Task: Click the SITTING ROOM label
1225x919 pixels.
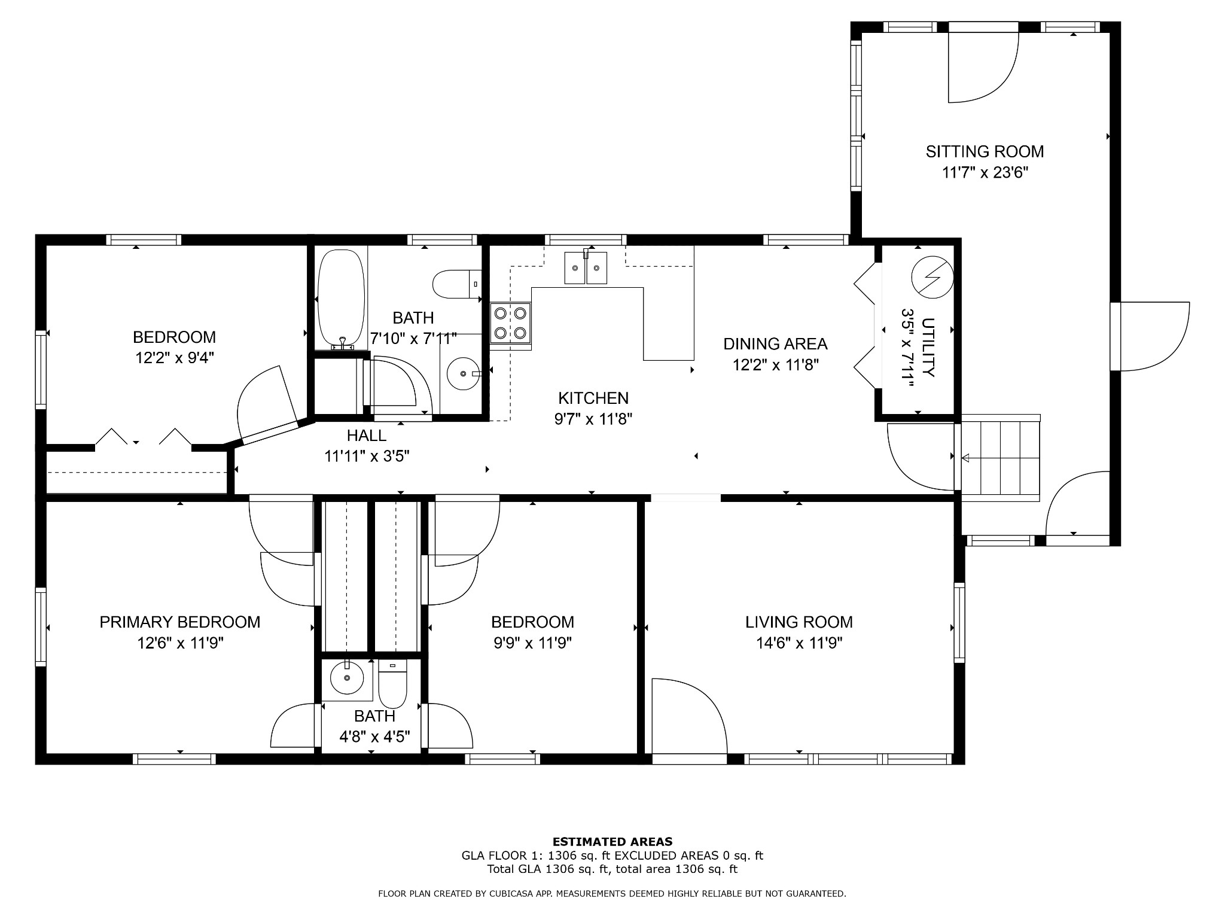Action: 985,152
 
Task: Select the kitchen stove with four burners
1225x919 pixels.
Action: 511,323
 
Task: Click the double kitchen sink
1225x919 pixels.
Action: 586,267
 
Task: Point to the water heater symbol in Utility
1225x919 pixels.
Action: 932,277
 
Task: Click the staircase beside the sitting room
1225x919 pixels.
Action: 1001,458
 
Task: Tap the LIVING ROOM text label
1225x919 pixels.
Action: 799,622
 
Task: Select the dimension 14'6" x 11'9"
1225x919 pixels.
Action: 799,643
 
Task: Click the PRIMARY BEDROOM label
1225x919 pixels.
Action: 179,622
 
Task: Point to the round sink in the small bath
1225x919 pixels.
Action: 347,679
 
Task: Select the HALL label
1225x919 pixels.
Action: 366,436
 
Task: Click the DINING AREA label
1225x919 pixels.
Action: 775,344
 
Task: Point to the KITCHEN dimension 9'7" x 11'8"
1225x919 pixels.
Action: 593,419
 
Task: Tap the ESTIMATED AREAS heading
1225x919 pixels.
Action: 612,842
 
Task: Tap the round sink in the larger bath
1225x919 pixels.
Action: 463,373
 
